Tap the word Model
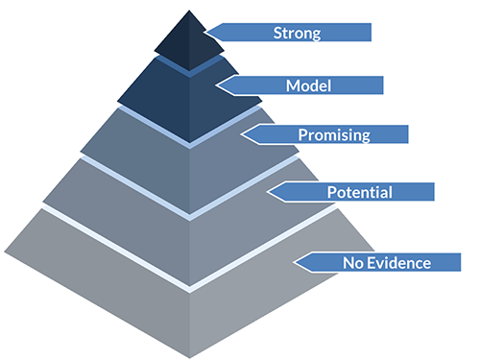click(308, 85)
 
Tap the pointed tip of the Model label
click(218, 85)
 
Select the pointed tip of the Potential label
click(268, 192)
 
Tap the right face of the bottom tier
click(278, 288)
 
